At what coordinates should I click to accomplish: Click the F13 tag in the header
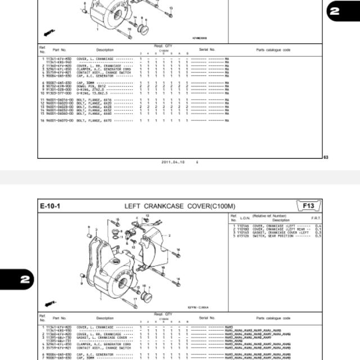(x=309, y=206)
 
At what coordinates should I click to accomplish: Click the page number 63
(x=326, y=157)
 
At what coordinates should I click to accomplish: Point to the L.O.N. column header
(x=245, y=218)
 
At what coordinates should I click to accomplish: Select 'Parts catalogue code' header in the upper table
(x=273, y=49)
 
